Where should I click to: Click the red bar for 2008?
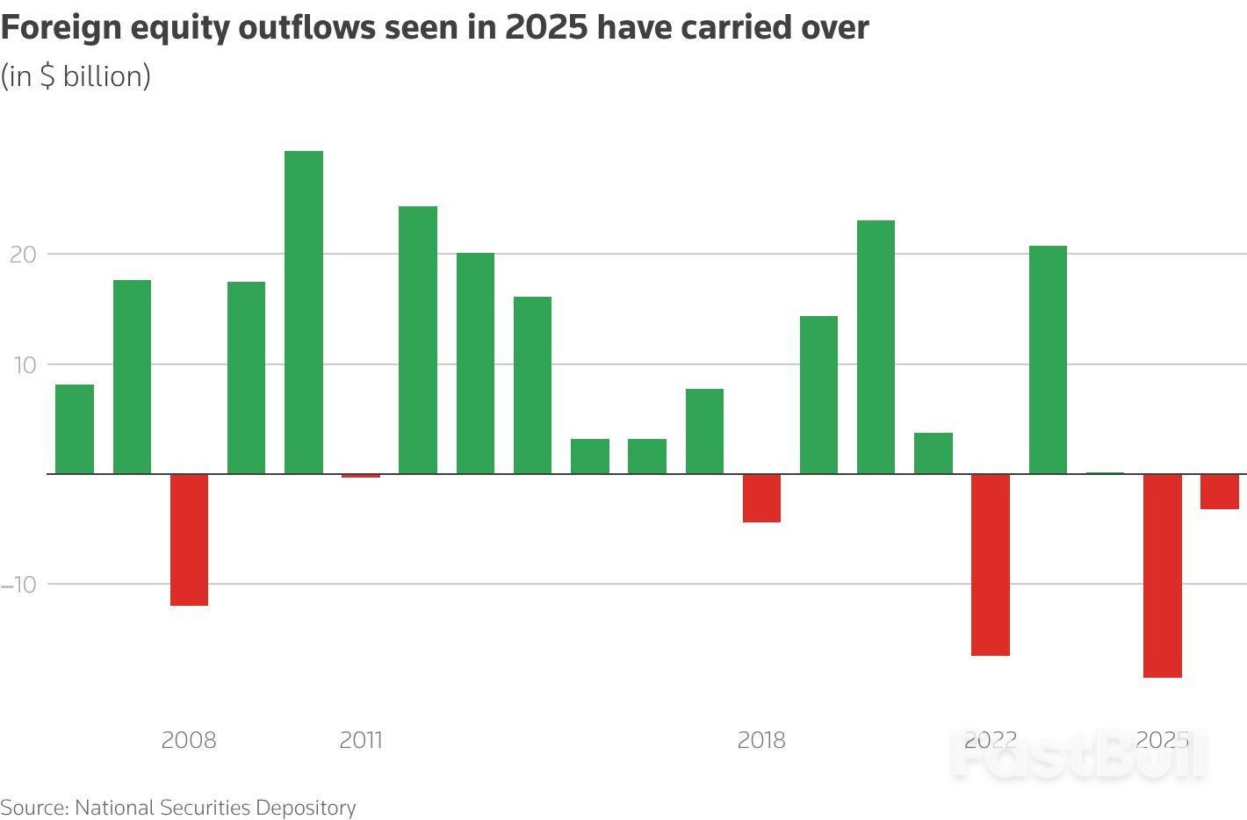[189, 539]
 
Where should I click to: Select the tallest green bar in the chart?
[304, 312]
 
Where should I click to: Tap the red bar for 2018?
[761, 498]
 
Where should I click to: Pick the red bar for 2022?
[991, 565]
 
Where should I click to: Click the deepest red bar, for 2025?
[1162, 575]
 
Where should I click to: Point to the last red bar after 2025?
[1219, 492]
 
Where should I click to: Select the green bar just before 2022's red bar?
[933, 453]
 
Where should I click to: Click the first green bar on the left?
[75, 429]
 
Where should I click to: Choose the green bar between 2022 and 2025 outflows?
[1048, 360]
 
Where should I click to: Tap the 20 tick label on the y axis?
[23, 255]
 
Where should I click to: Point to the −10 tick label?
[18, 585]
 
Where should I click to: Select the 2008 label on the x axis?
[189, 740]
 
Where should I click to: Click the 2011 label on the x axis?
[361, 740]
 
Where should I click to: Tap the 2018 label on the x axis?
[761, 740]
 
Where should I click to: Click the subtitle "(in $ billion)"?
[76, 76]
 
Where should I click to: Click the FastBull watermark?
[1080, 755]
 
